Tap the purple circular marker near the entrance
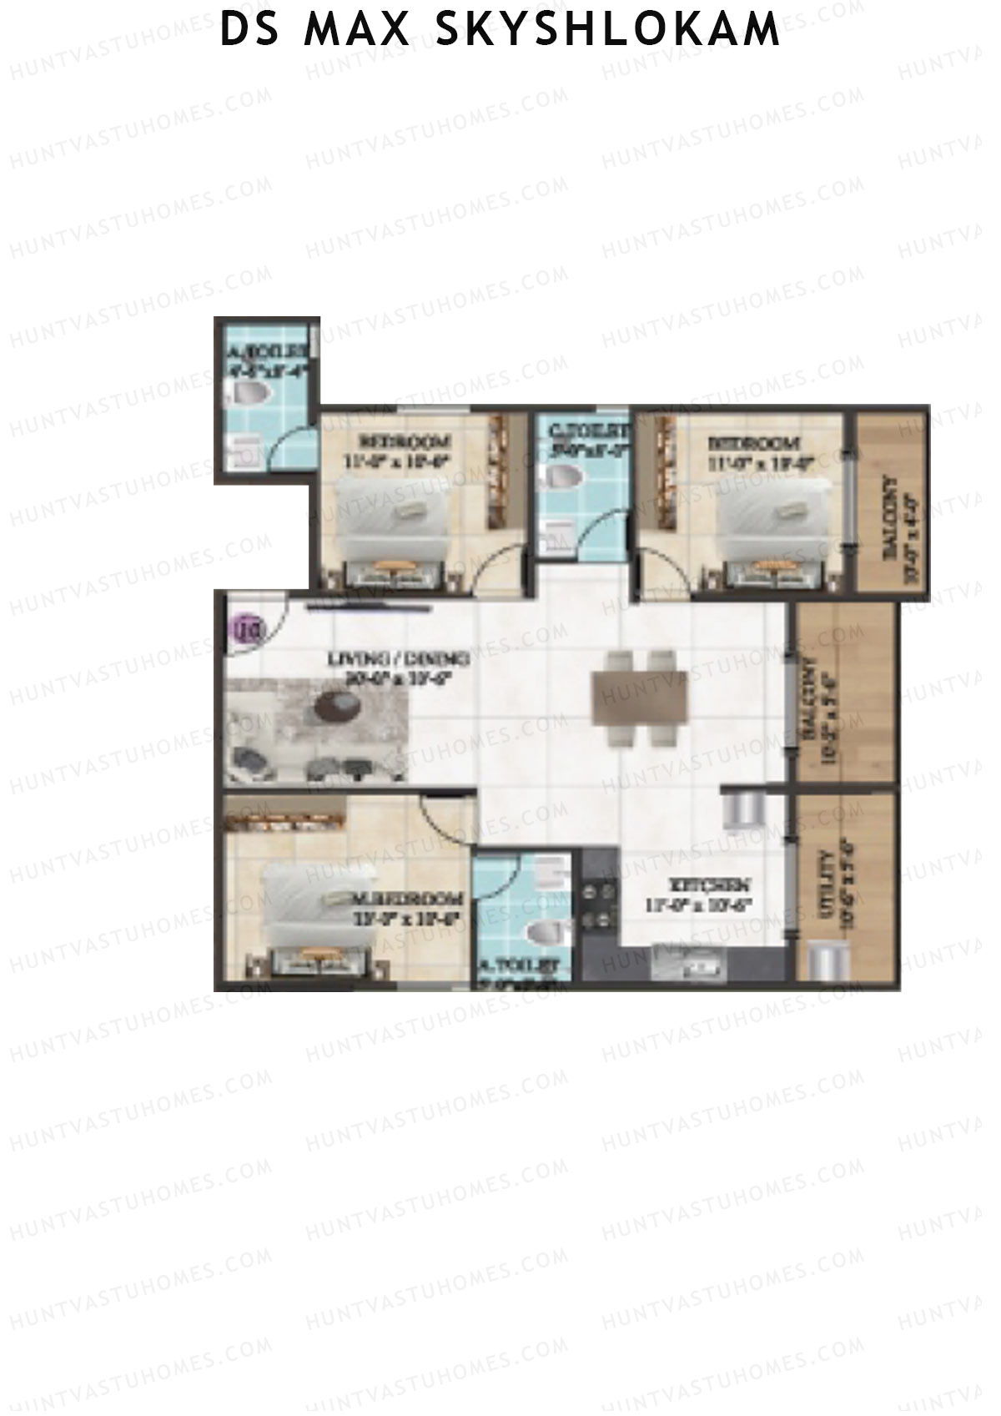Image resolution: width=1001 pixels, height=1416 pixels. [x=248, y=627]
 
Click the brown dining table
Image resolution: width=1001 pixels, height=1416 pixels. [x=640, y=697]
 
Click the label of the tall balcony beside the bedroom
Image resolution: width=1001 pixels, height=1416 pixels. [x=890, y=517]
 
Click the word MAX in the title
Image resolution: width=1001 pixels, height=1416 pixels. [x=358, y=30]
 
